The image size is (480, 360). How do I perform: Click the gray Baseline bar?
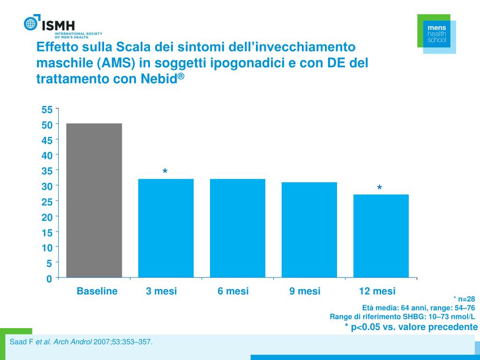click(x=94, y=200)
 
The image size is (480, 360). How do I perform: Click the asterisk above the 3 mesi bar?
click(x=165, y=173)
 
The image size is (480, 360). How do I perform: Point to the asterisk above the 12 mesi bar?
click(x=379, y=188)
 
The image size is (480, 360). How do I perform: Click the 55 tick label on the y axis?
click(x=47, y=110)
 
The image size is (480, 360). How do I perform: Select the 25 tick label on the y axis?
click(x=47, y=202)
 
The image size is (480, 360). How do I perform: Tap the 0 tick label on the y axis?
click(x=49, y=279)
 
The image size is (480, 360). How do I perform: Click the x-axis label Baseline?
click(x=97, y=291)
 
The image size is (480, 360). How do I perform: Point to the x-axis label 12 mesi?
click(x=377, y=291)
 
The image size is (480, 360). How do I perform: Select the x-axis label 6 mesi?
click(x=233, y=291)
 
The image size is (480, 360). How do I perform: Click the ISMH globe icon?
click(x=30, y=23)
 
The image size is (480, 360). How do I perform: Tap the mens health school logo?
click(x=436, y=34)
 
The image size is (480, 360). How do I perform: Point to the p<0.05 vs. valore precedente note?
click(x=411, y=327)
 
